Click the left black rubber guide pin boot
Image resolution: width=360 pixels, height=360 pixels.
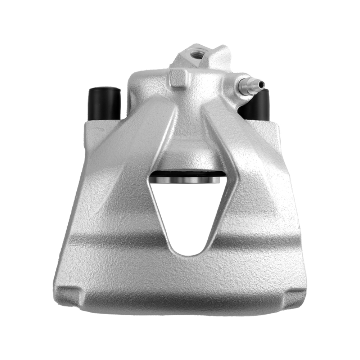coord(104,104)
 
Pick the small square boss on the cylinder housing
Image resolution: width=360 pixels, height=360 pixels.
coord(179,78)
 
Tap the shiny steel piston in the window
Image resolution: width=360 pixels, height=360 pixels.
coord(187,179)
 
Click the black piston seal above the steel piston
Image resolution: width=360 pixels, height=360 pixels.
coord(187,173)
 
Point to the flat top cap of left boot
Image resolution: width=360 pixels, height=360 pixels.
coord(104,89)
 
